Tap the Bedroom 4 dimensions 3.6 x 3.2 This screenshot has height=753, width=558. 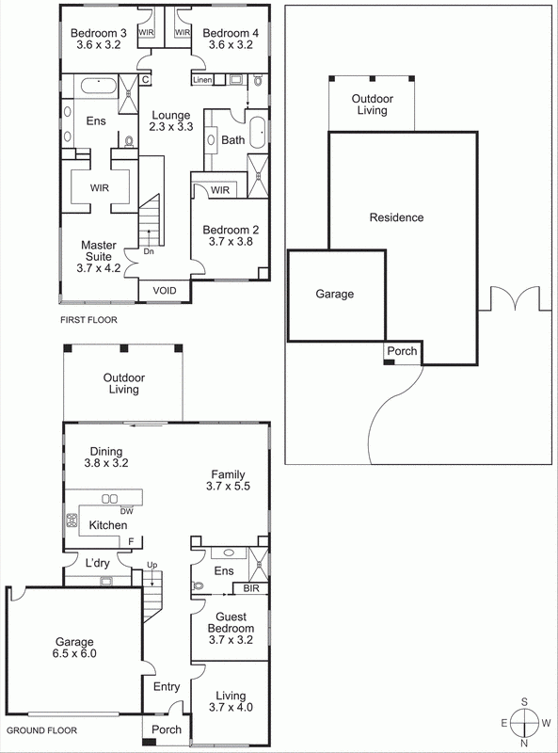225,44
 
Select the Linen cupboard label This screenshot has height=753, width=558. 202,81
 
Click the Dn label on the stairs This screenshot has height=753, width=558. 149,251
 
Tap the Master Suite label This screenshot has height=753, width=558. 97,250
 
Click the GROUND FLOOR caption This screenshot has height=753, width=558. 41,730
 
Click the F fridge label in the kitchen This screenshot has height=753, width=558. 132,541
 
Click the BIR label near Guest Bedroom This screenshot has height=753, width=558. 250,589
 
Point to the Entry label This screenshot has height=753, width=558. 167,687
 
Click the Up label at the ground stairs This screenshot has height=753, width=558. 151,565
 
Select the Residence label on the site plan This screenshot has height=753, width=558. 396,217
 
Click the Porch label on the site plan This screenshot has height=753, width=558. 401,352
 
